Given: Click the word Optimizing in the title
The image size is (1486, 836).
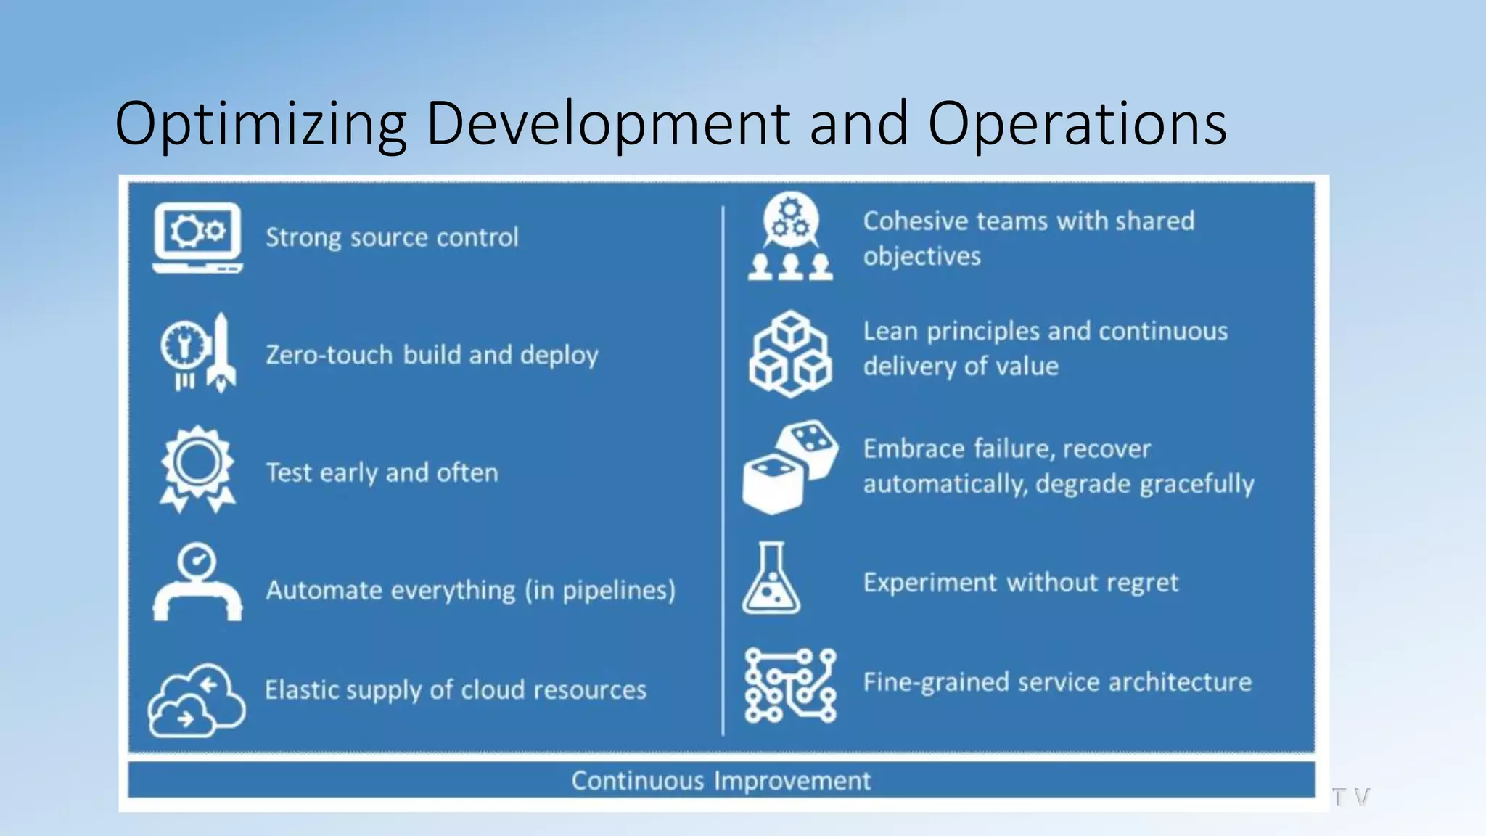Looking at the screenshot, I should pos(260,123).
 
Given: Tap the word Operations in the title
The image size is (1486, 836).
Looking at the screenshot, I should pos(1077,123).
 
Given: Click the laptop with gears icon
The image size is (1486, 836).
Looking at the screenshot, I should pos(197,237).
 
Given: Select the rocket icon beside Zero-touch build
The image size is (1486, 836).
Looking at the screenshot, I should pos(221,353).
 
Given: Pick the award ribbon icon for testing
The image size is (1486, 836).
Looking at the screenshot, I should pos(197,469).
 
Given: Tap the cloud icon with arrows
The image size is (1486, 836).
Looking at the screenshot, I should pos(196,700).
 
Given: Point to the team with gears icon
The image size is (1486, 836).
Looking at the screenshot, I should pos(791,237).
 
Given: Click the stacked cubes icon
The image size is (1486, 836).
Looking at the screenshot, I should pos(790,354).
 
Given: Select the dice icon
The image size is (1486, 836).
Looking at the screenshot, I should pos(790,467).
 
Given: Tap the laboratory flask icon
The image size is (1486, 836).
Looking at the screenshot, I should pos(771,578).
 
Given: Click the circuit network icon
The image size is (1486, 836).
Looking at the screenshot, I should pos(790,685).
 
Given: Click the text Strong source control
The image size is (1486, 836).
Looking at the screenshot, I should pos(392,237).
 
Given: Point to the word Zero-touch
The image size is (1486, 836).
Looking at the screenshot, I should pos(329,355).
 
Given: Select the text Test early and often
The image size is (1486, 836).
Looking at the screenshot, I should pos(382,472).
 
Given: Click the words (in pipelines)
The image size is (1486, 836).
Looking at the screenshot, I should pos(600,590).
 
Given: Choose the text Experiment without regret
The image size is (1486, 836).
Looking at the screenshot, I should pos(1020,582).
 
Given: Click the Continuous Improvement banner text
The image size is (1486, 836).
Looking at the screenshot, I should pos(721,781).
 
